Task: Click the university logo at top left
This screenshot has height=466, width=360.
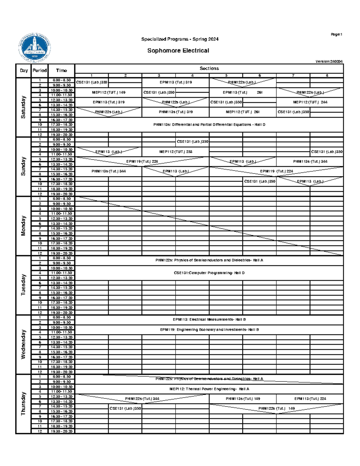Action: tap(34, 48)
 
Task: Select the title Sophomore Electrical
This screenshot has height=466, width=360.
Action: tap(178, 51)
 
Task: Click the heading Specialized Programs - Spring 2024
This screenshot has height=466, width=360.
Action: tap(180, 39)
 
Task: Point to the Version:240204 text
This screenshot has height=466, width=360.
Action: tap(329, 62)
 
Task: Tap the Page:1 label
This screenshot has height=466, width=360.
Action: tap(336, 35)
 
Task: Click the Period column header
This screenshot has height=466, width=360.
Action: tap(40, 71)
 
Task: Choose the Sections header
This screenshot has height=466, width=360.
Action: tap(209, 68)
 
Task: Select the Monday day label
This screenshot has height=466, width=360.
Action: tap(23, 226)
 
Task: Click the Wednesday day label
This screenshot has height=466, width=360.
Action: tap(23, 344)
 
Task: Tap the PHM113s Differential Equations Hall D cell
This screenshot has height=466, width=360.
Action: tap(209, 125)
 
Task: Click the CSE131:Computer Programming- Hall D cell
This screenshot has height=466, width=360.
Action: tap(209, 273)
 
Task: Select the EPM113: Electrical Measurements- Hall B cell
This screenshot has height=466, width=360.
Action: tap(209, 320)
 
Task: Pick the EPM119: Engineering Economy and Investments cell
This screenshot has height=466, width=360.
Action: tap(209, 329)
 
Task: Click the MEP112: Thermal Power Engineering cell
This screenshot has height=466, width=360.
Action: tap(209, 389)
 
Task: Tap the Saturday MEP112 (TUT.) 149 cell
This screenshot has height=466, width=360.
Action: tap(109, 92)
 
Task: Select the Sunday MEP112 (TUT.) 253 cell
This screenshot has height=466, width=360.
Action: tap(176, 152)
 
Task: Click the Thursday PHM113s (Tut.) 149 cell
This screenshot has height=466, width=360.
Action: tap(243, 399)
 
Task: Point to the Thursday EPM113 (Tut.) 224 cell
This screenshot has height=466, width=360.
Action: tap(310, 399)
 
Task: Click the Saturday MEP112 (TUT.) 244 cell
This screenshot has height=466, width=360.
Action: tap(310, 102)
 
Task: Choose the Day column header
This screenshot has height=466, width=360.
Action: tap(24, 71)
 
